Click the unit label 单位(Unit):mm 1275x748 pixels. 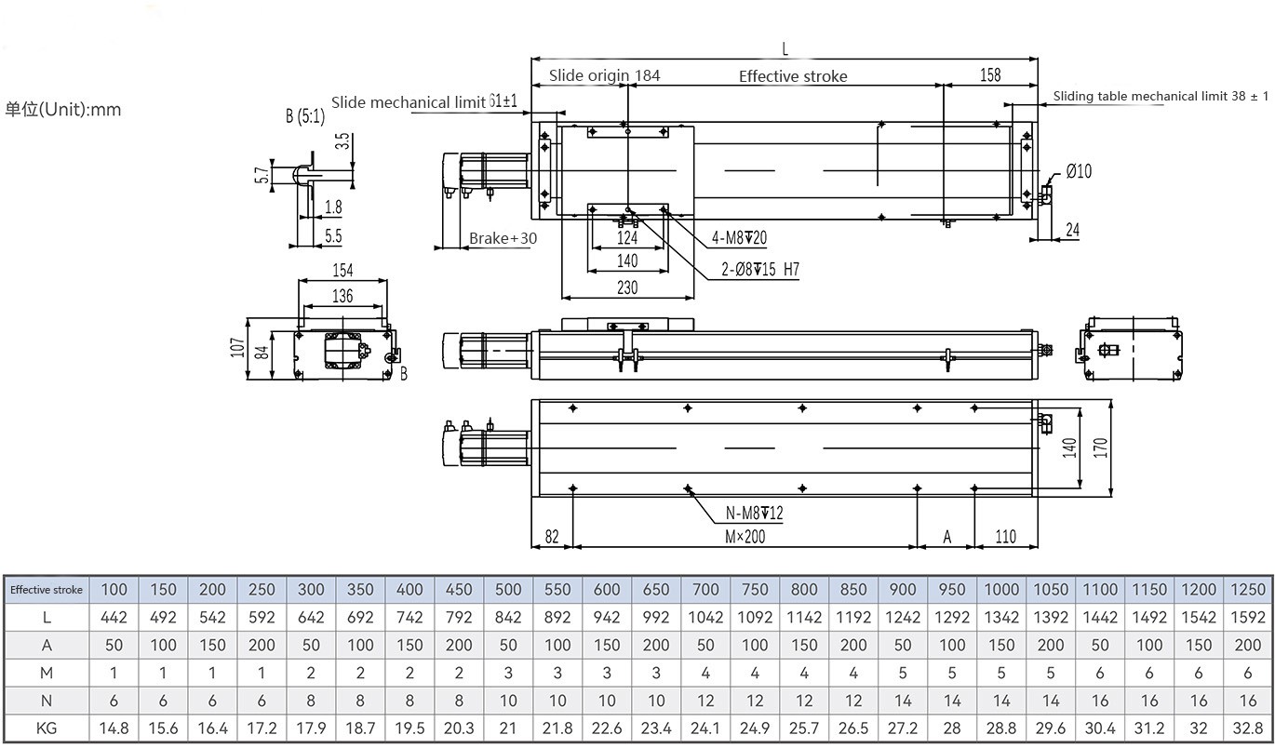coord(63,110)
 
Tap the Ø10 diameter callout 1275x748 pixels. coord(1079,170)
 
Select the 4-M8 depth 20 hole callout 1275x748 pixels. coord(740,238)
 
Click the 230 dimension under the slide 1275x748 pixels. coord(627,288)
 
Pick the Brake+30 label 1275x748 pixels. coord(503,239)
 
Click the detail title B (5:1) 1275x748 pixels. coord(304,116)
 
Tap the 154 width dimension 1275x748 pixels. coord(342,271)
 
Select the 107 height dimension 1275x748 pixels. coord(238,348)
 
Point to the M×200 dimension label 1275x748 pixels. coord(745,537)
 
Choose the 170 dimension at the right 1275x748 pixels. coord(1100,447)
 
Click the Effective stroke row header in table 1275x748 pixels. coord(47,589)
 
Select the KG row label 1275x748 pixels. coord(47,728)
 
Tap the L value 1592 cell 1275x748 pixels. coord(1247,617)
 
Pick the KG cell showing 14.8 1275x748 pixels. coord(114,728)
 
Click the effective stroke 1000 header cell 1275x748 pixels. coord(1001,589)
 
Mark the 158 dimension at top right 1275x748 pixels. coord(990,75)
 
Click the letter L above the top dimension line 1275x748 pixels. coord(785,47)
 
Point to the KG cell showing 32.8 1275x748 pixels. coord(1247,728)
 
